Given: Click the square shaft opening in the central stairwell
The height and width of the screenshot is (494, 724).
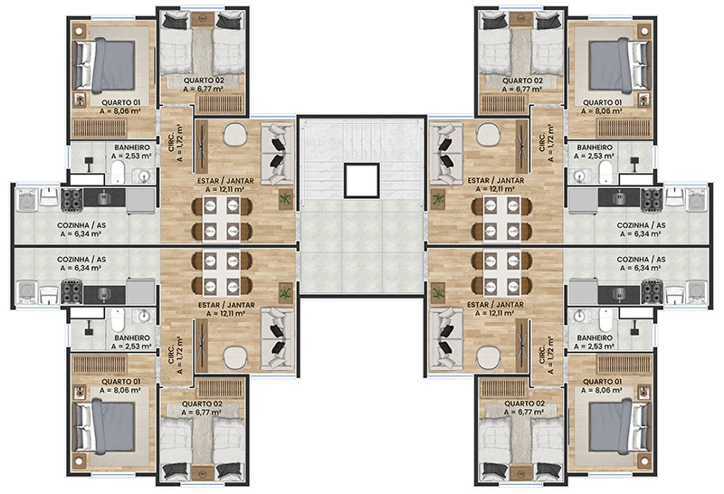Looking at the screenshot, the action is [x=361, y=181].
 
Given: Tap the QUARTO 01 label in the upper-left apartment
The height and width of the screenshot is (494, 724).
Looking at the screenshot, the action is [x=120, y=102].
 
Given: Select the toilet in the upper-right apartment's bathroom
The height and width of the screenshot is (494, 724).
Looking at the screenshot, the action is [x=605, y=172].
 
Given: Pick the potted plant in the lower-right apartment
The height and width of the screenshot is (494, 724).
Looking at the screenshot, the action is [x=437, y=293].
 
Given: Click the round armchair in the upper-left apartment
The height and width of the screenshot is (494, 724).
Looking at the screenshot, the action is [x=235, y=134].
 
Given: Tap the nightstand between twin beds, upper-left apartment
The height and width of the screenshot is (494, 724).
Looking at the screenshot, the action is [x=203, y=19].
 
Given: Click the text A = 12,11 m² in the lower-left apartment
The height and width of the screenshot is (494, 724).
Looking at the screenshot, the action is [x=225, y=313].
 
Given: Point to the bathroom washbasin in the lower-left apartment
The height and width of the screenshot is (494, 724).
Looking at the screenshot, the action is [x=145, y=317].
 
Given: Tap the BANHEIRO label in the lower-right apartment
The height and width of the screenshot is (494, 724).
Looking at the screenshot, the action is [x=595, y=338].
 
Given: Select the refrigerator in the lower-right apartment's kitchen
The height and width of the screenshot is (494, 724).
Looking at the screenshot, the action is [x=583, y=291].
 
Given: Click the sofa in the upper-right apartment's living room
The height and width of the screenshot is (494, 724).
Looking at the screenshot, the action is [x=445, y=153].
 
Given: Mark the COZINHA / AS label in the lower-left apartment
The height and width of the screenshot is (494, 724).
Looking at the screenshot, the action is [x=81, y=260].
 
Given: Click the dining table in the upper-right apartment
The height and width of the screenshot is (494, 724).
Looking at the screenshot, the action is [x=502, y=219].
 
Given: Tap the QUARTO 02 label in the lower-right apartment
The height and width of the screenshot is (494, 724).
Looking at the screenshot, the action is [x=525, y=404].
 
